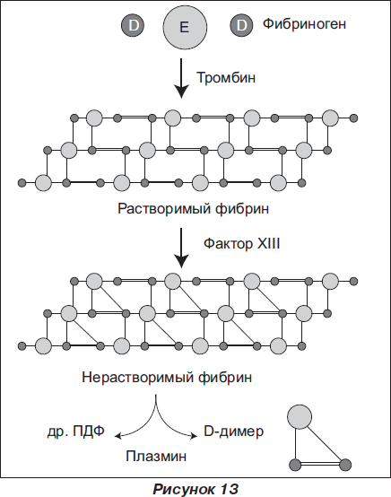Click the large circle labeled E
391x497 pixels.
point(185,27)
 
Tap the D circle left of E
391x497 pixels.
point(133,25)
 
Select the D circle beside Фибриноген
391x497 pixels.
point(241,25)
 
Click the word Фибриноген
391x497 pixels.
point(304,24)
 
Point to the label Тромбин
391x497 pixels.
point(226,77)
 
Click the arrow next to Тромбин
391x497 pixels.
point(181,78)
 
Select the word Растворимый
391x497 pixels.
point(164,208)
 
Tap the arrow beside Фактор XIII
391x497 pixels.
point(181,248)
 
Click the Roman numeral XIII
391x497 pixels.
point(268,244)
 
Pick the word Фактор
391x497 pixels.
point(228,244)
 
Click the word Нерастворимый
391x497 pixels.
point(138,377)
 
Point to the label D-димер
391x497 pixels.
point(233,432)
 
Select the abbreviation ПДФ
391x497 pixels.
point(89,432)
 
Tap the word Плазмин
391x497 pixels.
point(156,456)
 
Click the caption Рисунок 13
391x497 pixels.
point(195,488)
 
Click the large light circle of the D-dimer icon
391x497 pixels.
point(300,417)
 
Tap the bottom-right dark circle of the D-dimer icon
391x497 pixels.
point(345,465)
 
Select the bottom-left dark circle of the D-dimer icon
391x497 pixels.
point(295,465)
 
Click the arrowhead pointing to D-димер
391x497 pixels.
point(194,436)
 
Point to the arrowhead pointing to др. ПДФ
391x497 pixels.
point(117,436)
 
